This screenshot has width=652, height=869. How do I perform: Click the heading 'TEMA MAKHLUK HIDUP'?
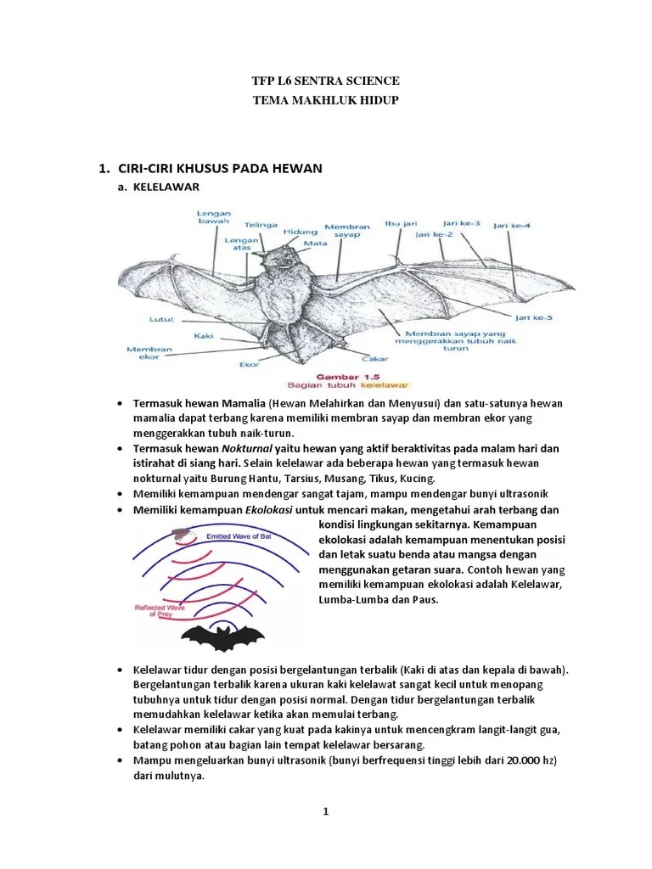[326, 101]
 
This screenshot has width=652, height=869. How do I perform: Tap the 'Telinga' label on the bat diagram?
[261, 225]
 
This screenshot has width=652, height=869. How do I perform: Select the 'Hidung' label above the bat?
[301, 232]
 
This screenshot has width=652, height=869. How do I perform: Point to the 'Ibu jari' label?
[400, 224]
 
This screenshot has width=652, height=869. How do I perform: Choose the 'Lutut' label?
[161, 320]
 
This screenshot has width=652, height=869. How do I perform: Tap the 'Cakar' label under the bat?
[375, 358]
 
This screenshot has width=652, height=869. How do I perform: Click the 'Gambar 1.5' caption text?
[345, 374]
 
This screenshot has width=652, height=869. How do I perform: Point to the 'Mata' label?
[316, 244]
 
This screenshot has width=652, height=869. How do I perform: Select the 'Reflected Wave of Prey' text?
[161, 611]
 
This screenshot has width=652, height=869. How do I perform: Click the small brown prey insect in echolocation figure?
[180, 534]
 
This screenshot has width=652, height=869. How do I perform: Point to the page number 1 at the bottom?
[325, 811]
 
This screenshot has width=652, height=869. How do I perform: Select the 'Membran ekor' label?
[149, 353]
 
